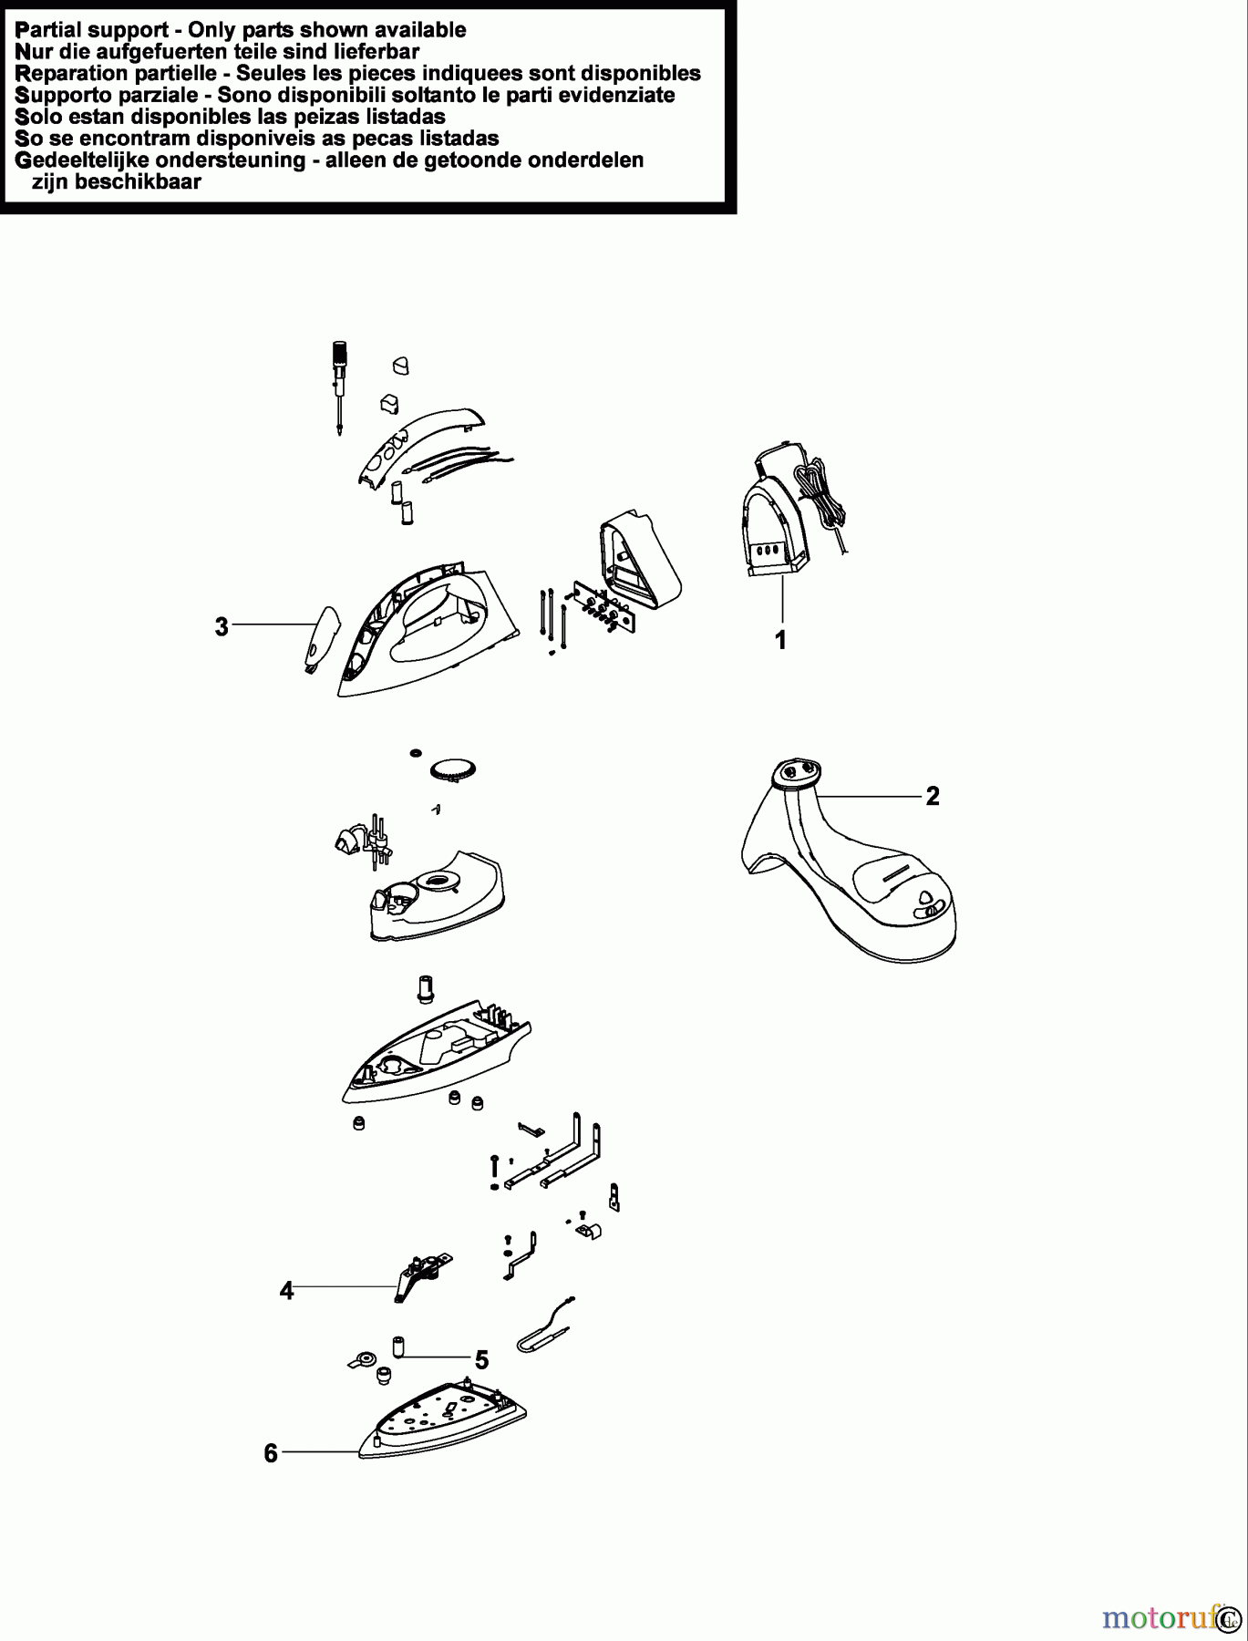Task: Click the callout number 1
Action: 780,641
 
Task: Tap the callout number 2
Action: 932,796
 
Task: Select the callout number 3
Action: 222,626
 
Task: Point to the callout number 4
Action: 286,1291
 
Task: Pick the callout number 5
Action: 481,1360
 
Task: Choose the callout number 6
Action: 270,1453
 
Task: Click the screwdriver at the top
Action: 340,387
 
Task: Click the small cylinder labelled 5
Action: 397,1346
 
